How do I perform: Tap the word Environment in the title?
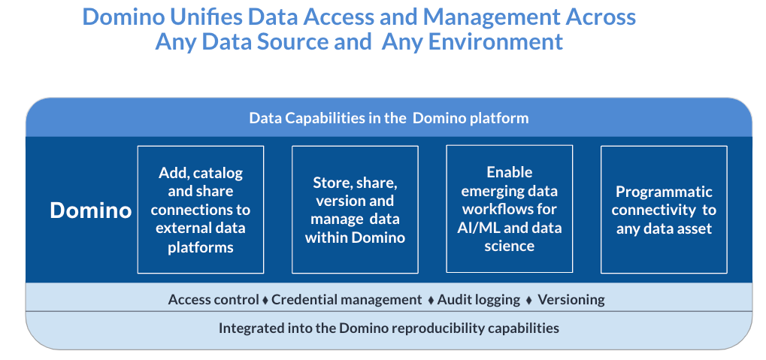pyautogui.click(x=496, y=42)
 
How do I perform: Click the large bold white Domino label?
pyautogui.click(x=91, y=210)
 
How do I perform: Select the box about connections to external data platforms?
pyautogui.click(x=201, y=210)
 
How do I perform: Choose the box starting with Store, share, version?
pyautogui.click(x=355, y=210)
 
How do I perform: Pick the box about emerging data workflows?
pyautogui.click(x=510, y=209)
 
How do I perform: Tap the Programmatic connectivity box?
pyautogui.click(x=664, y=210)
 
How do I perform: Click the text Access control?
pyautogui.click(x=213, y=299)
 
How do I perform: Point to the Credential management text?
pyautogui.click(x=347, y=299)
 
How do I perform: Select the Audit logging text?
pyautogui.click(x=479, y=299)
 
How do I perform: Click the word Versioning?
pyautogui.click(x=571, y=299)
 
